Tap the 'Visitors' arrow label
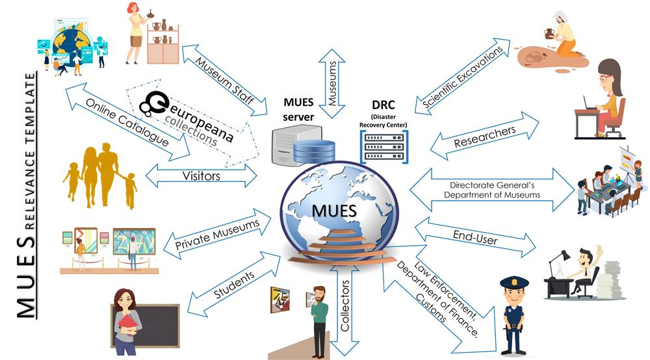pos(201,175)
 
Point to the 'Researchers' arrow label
pos(485,137)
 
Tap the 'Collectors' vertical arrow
pos(345,305)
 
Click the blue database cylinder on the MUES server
pos(314,151)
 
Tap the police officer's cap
pos(513,283)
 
